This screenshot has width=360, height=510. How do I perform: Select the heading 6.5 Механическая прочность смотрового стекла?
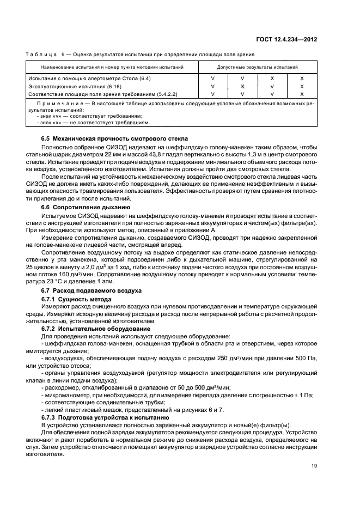coord(114,138)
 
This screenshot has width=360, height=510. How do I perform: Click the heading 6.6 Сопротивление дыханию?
coord(86,207)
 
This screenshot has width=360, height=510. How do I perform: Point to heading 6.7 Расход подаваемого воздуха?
coord(91,291)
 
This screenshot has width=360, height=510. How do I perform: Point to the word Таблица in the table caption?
coord(41,54)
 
